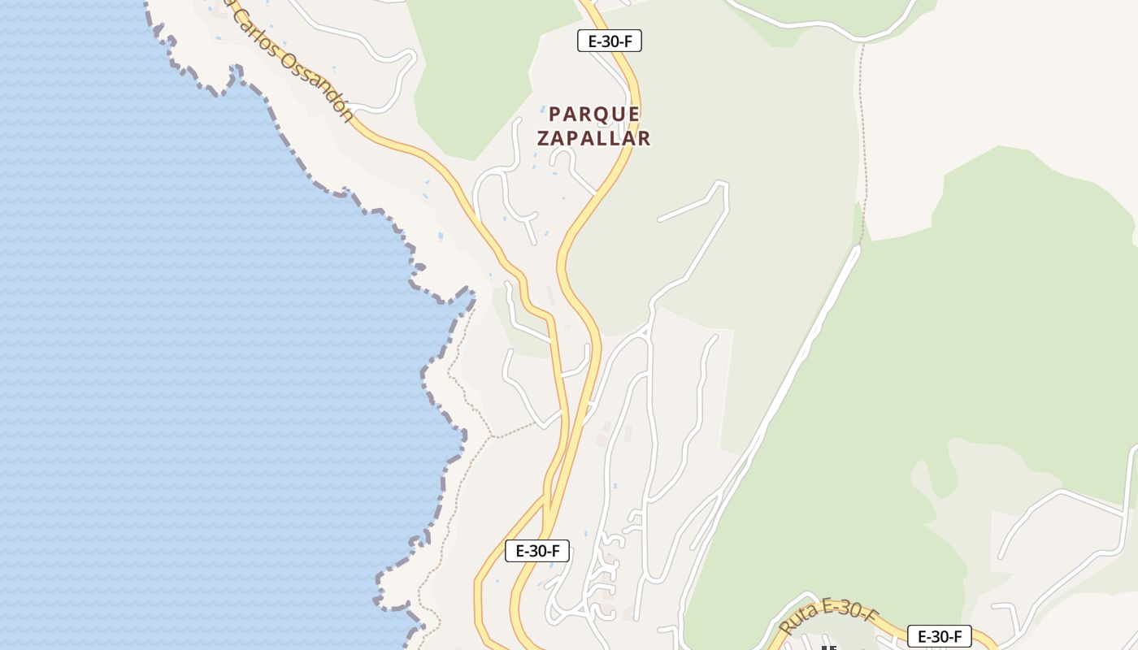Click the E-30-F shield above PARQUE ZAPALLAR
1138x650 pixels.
click(610, 41)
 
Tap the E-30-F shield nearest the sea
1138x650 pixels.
click(536, 551)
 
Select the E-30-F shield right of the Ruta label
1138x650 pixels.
click(939, 636)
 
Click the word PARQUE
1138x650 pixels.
click(594, 114)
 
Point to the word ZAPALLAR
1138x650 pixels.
click(594, 138)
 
